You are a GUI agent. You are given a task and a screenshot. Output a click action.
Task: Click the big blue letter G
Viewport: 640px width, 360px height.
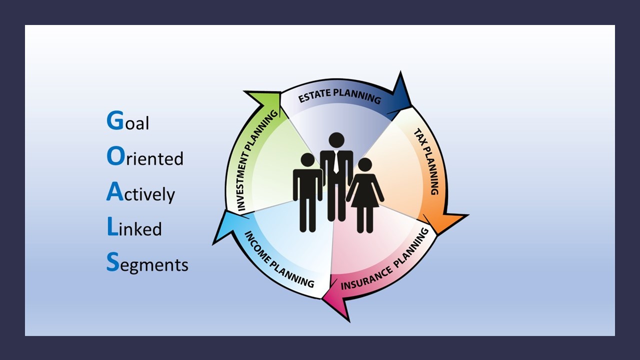115,120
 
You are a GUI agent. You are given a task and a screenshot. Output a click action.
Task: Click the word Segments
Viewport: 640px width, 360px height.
147,263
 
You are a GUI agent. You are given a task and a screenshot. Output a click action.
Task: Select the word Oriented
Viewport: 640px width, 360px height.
145,157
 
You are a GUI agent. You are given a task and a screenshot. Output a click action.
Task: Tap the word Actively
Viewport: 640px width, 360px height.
140,193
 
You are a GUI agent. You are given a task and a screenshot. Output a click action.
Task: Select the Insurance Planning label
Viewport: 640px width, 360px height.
385,259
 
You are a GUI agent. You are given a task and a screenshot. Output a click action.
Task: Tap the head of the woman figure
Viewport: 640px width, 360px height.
365,165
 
